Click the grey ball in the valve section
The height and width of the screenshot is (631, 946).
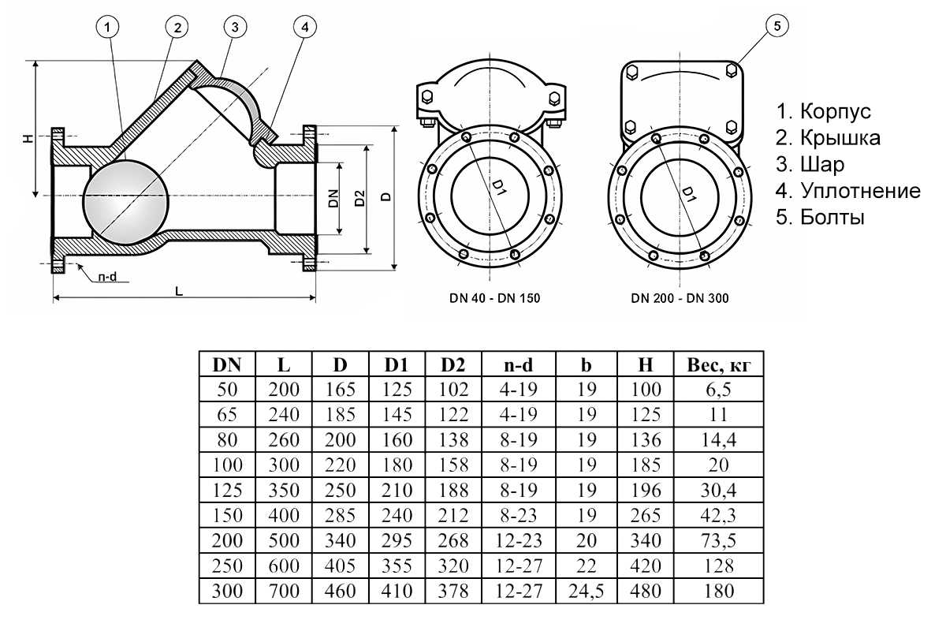[x=125, y=200]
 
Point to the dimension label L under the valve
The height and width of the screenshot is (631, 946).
[x=180, y=290]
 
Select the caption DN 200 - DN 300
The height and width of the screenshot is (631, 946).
[x=680, y=299]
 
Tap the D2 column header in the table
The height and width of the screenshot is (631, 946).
[x=453, y=366]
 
